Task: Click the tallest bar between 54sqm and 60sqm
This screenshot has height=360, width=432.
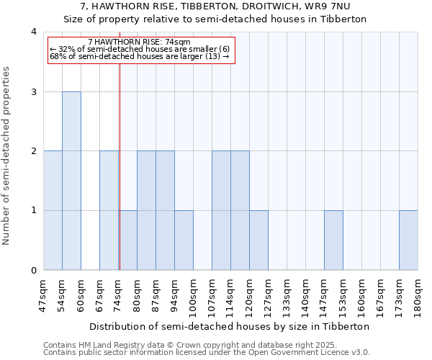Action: coord(71,181)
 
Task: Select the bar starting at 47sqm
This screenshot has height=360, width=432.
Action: coord(53,210)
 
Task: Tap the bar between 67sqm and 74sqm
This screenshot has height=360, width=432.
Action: coord(109,210)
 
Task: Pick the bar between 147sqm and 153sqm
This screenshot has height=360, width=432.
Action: coord(333,240)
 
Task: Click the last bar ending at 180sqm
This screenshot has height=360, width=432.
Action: coord(408,240)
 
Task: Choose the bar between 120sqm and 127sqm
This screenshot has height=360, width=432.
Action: coord(258,240)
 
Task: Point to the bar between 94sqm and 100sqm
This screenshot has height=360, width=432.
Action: coord(184,240)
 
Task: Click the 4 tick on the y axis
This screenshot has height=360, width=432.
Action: coord(34,32)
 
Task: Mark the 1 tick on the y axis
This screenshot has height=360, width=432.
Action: coord(34,210)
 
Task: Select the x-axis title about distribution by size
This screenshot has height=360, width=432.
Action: coord(230,326)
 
